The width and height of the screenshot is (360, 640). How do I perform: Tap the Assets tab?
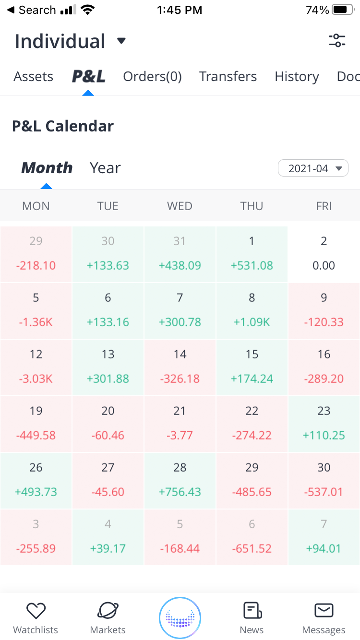coord(33,77)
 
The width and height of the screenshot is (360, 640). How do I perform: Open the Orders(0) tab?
coord(152,77)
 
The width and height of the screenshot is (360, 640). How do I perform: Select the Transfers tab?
coord(228,77)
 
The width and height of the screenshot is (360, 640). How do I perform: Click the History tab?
coord(297,77)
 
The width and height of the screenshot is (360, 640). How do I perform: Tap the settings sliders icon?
coord(337,41)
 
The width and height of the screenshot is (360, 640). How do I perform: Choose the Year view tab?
coord(105,168)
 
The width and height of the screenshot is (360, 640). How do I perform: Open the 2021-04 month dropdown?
coord(313,168)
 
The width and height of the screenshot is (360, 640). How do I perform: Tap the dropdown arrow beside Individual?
coord(121,41)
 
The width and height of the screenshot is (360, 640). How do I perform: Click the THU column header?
coord(252,206)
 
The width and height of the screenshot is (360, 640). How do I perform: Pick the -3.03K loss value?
coord(36,379)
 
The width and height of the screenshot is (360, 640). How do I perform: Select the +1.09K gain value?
coord(252,322)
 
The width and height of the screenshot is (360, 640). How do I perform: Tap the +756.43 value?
coord(180,492)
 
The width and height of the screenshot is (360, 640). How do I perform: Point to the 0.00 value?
coord(324,265)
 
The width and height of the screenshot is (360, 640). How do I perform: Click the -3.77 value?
coord(180,435)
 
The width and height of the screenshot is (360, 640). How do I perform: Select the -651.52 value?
coord(252,548)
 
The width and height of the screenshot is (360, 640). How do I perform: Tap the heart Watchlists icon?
coord(36,611)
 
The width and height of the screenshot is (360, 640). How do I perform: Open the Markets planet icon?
coord(108,611)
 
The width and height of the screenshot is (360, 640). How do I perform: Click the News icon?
coord(252,611)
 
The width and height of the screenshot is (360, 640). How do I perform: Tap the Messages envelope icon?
coord(324,611)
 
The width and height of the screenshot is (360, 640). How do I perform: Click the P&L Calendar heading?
coord(63,126)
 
